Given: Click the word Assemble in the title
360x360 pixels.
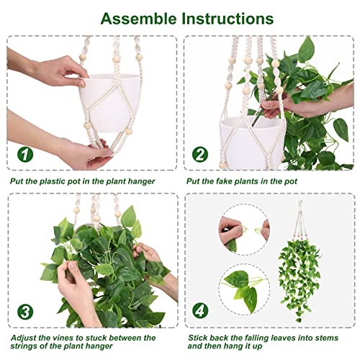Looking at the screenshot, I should (135, 17).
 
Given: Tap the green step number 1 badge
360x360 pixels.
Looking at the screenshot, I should (24, 153).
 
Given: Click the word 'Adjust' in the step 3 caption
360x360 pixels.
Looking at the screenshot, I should (22, 337).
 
